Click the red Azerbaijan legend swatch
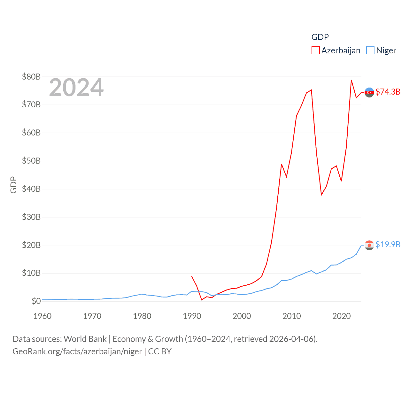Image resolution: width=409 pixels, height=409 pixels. pyautogui.click(x=315, y=50)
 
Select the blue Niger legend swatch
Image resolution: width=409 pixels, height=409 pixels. pyautogui.click(x=370, y=50)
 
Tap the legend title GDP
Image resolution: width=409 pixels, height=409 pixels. pyautogui.click(x=320, y=37)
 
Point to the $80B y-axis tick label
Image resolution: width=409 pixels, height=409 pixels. pyautogui.click(x=31, y=77)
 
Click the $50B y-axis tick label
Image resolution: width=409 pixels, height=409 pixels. pyautogui.click(x=31, y=161)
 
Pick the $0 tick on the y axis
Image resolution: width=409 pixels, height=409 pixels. pyautogui.click(x=36, y=301)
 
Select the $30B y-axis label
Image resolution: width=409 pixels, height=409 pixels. pyautogui.click(x=31, y=217)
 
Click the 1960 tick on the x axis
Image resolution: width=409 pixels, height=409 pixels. pyautogui.click(x=42, y=316)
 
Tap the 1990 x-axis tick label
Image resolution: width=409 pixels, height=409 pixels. pyautogui.click(x=192, y=316)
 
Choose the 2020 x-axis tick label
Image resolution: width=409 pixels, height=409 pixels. pyautogui.click(x=341, y=316)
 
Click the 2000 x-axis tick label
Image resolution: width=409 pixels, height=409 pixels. pyautogui.click(x=242, y=316)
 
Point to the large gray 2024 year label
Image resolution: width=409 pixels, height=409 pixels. pyautogui.click(x=76, y=88)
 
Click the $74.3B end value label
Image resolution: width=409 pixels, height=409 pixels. pyautogui.click(x=388, y=92)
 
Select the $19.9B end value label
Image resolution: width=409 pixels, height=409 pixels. pyautogui.click(x=388, y=244)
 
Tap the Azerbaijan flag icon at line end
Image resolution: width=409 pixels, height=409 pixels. pyautogui.click(x=369, y=92)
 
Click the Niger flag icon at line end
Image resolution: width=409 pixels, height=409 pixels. pyautogui.click(x=369, y=245)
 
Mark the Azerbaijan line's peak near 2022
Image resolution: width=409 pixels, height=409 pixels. pyautogui.click(x=351, y=80)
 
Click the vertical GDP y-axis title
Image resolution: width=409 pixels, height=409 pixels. pyautogui.click(x=13, y=185)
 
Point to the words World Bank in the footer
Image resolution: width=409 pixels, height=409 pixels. pyautogui.click(x=85, y=339)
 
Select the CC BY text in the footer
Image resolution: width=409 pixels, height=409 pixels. pyautogui.click(x=160, y=351)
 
